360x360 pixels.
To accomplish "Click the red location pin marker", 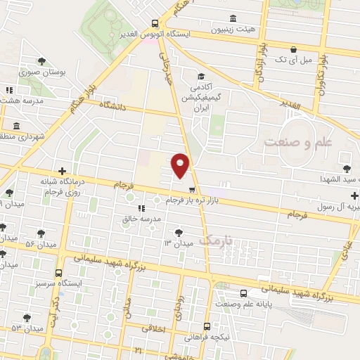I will (x=181, y=165).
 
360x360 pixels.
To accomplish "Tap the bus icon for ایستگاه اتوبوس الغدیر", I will (x=155, y=22).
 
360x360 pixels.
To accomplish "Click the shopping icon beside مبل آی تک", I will (x=293, y=50).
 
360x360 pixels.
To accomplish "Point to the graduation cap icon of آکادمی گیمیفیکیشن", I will (x=200, y=76).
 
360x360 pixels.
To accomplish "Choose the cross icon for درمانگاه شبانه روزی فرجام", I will (x=63, y=171).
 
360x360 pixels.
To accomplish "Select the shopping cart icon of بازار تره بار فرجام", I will (x=192, y=189).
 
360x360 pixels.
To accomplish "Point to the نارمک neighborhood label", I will (x=214, y=240).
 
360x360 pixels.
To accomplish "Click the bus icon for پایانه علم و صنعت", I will (x=243, y=293).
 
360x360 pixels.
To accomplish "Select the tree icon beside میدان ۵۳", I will (x=27, y=318).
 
